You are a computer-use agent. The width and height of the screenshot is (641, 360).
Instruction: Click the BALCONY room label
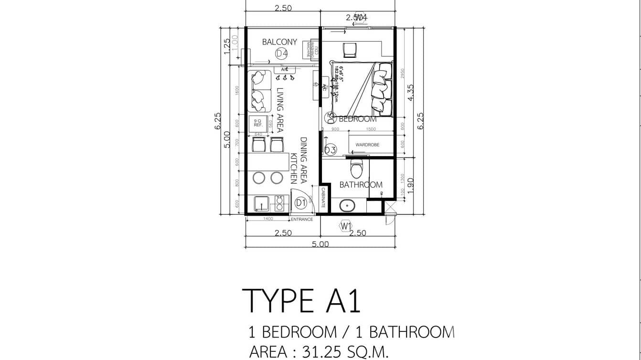point(279,42)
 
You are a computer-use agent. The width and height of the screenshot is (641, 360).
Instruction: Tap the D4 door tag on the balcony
point(281,54)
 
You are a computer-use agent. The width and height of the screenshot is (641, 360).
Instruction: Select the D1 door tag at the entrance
point(300,203)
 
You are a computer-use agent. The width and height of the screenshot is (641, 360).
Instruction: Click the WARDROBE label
point(367,144)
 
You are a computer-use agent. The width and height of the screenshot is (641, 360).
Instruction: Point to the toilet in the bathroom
point(356,168)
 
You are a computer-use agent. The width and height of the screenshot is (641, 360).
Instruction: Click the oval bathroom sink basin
point(347,206)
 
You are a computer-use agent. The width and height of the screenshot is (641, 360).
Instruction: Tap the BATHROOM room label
point(361,185)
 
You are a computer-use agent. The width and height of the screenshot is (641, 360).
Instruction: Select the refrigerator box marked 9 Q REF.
point(258,124)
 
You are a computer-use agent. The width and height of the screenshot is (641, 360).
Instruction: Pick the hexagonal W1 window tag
point(346,225)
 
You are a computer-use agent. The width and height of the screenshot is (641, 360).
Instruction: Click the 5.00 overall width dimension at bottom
point(320,244)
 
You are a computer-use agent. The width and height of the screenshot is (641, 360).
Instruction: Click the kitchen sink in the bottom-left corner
point(261,203)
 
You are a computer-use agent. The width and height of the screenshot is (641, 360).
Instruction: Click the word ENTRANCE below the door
point(302,219)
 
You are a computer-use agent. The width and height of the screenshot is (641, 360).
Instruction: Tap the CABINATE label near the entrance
point(323,197)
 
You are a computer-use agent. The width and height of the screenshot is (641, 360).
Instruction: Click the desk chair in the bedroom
point(349,49)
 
